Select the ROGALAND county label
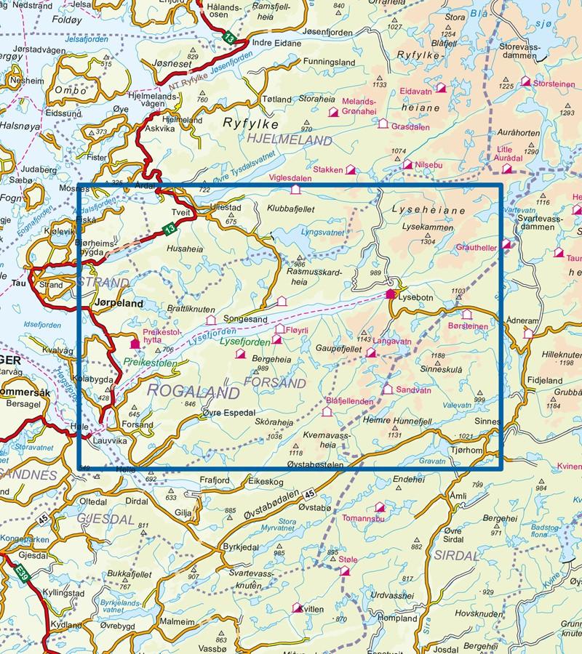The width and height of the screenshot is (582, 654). tap(194, 393)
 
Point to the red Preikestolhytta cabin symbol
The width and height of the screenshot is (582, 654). tap(134, 344)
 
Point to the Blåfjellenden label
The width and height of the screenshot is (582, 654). tap(349, 400)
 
